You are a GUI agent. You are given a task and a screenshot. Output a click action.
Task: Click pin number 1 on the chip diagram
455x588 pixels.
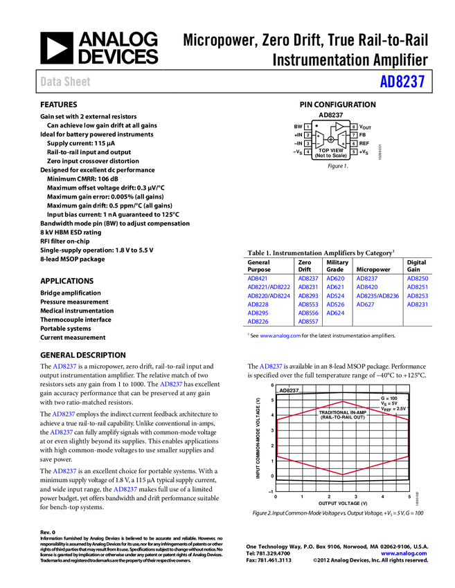tap(308, 127)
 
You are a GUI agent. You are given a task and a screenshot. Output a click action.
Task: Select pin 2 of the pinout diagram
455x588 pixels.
tap(308, 136)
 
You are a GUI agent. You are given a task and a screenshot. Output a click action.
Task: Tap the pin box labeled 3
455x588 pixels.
tap(308, 143)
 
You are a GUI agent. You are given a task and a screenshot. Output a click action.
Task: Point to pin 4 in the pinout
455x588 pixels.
tap(308, 151)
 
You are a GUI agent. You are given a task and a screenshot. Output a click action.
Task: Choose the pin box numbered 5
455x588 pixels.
tap(353, 151)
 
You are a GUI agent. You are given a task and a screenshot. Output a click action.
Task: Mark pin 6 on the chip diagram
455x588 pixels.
tap(353, 143)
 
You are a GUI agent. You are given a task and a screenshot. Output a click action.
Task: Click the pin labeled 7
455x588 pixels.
tap(353, 136)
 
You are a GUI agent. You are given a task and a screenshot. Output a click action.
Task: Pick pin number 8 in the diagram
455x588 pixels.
tap(353, 127)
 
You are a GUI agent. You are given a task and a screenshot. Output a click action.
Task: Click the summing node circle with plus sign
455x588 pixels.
tap(330, 140)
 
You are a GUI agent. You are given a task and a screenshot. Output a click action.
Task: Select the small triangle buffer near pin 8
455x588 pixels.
tap(339, 127)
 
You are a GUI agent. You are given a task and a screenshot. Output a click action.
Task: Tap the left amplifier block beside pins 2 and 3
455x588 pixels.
tap(319, 140)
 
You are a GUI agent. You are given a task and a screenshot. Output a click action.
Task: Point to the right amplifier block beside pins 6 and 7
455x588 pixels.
tap(341, 140)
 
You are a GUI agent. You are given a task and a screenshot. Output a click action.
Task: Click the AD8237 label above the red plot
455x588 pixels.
tap(288, 390)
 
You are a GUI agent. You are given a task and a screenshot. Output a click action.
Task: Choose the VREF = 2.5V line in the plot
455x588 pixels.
tap(393, 409)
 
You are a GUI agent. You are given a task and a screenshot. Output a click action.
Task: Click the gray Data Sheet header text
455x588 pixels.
tap(66, 82)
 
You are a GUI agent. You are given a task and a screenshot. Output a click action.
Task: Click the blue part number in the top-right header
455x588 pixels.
tap(402, 82)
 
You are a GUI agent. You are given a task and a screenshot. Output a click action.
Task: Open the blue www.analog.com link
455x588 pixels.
tap(280, 337)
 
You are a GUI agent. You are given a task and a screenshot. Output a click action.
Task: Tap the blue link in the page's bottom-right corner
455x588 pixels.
tap(404, 553)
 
